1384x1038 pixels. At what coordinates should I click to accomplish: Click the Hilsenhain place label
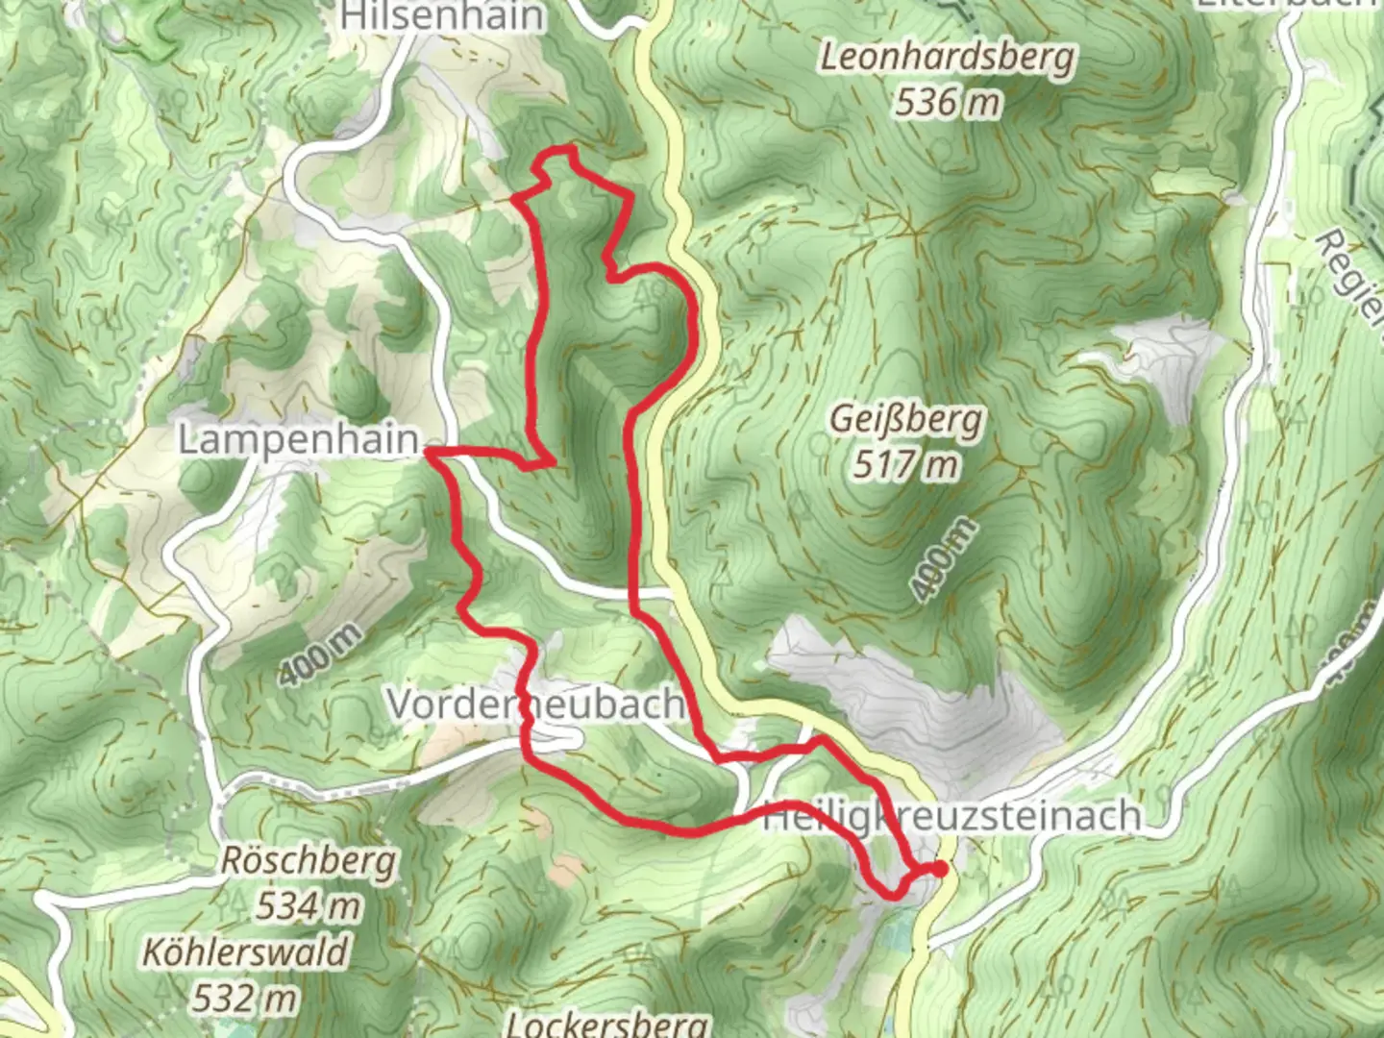point(441,15)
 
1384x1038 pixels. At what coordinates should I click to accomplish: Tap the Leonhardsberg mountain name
point(947,58)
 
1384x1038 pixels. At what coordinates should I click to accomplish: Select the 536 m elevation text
point(948,101)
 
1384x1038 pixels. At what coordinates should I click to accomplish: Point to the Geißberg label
point(906,420)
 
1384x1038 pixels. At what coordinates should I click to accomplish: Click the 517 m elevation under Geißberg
point(905,465)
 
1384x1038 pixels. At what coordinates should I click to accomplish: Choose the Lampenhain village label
point(299,439)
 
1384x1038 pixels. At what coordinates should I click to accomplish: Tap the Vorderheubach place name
point(534,704)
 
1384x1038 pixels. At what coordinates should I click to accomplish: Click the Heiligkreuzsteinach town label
point(951,817)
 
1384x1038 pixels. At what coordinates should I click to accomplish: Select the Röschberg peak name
point(309,860)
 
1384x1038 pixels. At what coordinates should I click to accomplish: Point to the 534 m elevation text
point(309,904)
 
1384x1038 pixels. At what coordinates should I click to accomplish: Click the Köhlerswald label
point(246,952)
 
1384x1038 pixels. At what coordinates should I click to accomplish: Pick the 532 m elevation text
point(244,998)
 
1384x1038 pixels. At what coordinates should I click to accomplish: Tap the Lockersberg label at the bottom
point(607,1023)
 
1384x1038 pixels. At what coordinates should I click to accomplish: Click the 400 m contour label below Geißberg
point(942,559)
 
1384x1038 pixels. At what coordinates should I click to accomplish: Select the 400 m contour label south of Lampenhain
point(322,655)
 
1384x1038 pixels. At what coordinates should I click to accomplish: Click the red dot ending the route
point(939,869)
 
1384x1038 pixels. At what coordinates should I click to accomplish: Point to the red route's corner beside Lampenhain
point(429,450)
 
